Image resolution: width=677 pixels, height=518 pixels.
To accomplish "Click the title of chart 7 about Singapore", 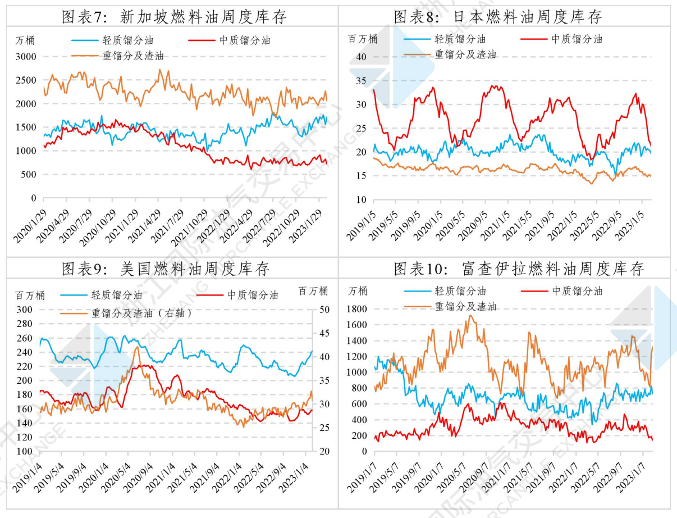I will [x=174, y=17].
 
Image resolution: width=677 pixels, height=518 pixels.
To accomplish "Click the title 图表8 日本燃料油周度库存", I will [x=498, y=17].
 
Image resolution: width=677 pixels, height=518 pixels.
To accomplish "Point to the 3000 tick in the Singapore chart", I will [x=26, y=57].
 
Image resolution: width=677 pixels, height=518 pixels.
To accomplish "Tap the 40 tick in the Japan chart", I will [x=362, y=57].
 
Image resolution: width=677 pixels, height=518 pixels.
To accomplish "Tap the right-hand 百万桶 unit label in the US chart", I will [x=313, y=291].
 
